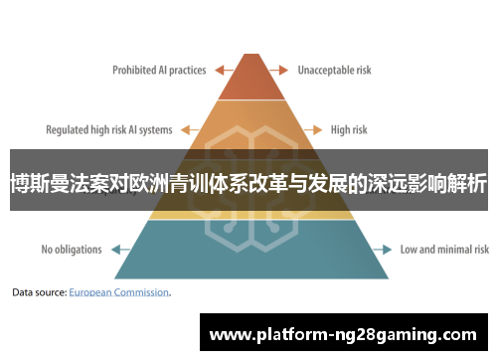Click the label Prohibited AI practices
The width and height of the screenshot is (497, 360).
(159, 71)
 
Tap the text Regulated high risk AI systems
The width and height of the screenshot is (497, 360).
(109, 129)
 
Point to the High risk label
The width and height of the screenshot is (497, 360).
(349, 129)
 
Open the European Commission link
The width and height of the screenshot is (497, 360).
(119, 293)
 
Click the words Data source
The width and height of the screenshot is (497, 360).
(39, 293)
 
